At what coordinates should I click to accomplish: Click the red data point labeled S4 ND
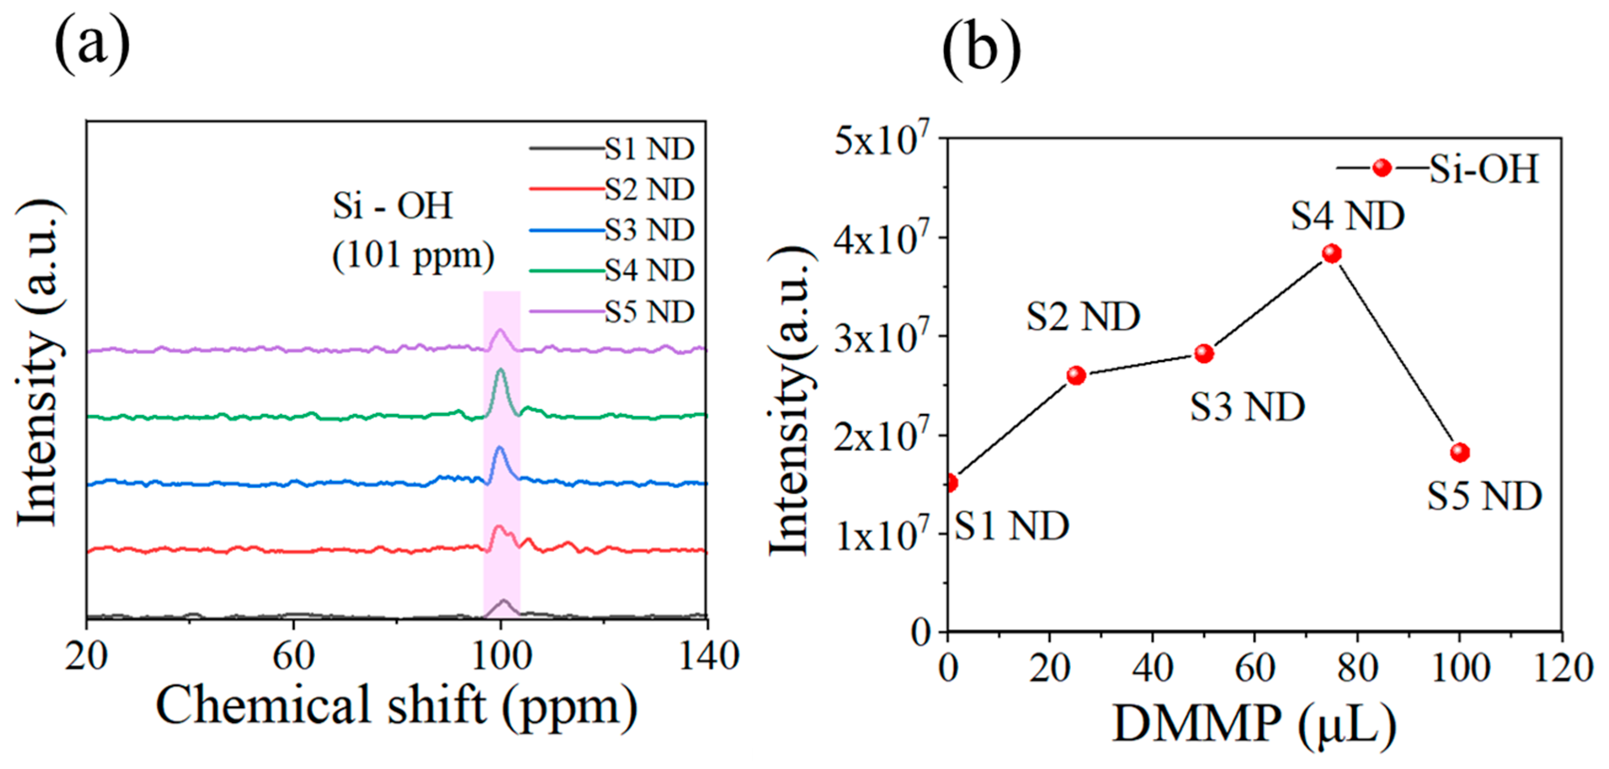tap(1332, 253)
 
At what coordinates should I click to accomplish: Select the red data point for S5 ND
tap(1460, 452)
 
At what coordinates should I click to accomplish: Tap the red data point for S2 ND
tap(1076, 375)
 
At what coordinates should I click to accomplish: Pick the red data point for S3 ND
tap(1204, 354)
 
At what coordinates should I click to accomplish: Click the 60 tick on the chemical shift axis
tap(293, 657)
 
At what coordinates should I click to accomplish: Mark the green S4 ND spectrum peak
tap(500, 372)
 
